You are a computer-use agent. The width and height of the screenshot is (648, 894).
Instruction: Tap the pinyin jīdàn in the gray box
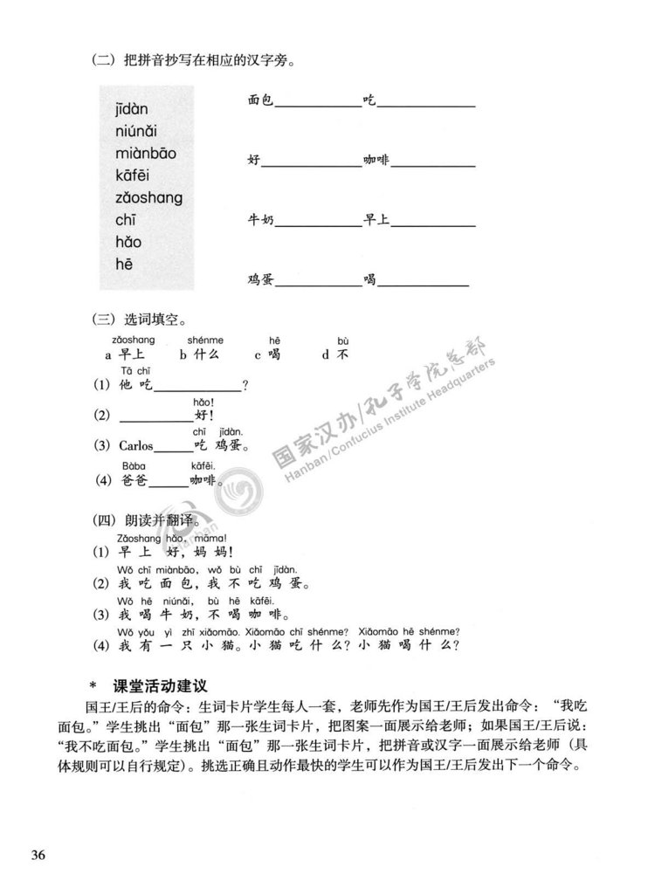(132, 109)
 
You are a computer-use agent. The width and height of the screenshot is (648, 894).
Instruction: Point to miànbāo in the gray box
(145, 153)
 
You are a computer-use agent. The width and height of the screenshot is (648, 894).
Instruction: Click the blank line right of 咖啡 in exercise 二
(432, 164)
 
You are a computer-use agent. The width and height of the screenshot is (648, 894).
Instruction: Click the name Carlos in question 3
(136, 446)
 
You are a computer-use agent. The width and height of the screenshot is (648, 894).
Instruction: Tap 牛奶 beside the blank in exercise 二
(261, 222)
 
